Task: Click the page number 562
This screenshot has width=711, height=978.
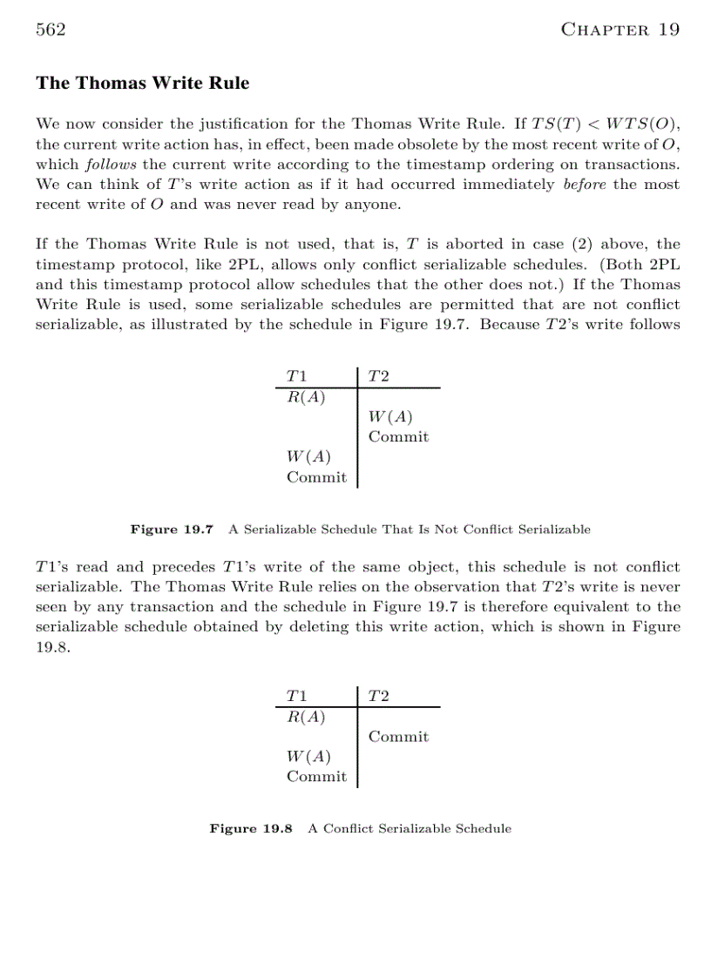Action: click(51, 30)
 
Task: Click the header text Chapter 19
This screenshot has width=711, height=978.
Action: click(620, 30)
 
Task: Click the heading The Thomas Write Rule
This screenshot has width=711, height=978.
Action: click(142, 84)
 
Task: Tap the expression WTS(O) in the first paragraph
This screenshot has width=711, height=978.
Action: click(641, 125)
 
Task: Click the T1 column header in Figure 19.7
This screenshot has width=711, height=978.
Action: click(297, 376)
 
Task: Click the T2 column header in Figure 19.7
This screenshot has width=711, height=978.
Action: click(378, 376)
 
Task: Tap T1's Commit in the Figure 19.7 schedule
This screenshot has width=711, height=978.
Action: click(316, 477)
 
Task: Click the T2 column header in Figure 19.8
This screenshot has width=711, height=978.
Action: click(378, 695)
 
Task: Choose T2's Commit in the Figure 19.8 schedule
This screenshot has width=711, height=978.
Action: click(398, 737)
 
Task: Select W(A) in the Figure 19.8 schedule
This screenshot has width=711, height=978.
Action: click(308, 756)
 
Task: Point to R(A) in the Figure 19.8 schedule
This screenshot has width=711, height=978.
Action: click(306, 717)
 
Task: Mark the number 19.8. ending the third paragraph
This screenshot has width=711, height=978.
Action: click(51, 647)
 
